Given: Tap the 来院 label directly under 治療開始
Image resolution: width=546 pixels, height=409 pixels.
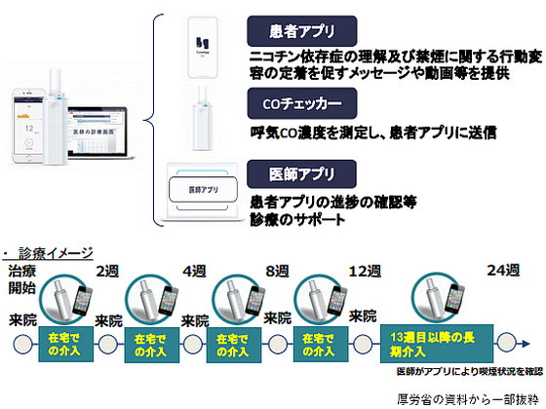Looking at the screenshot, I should tap(24, 319).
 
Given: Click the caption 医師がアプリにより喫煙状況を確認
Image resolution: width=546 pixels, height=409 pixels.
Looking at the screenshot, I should tap(468, 371).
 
